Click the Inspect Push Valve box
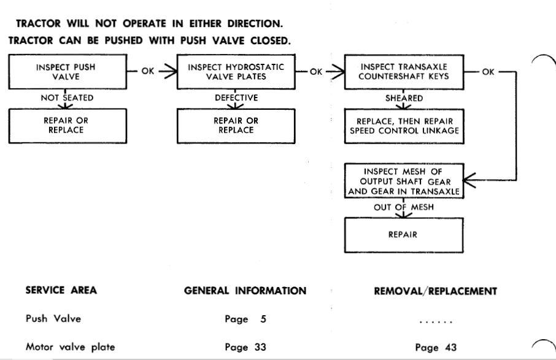click(68, 72)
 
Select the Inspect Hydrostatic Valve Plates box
click(236, 72)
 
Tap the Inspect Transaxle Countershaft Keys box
click(404, 72)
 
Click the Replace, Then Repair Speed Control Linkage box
click(404, 126)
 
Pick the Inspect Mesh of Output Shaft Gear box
click(404, 181)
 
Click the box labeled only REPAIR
click(404, 236)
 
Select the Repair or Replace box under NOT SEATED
click(68, 126)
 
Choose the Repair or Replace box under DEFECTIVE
click(236, 126)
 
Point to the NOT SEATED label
click(67, 98)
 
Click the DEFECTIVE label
click(236, 98)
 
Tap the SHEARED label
click(404, 98)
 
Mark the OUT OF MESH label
click(404, 207)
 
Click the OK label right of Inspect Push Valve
click(148, 71)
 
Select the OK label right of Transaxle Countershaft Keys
click(488, 72)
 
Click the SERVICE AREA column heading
click(61, 290)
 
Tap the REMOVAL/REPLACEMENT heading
click(436, 291)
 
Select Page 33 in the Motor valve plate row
click(245, 347)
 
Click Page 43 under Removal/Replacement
click(436, 347)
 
